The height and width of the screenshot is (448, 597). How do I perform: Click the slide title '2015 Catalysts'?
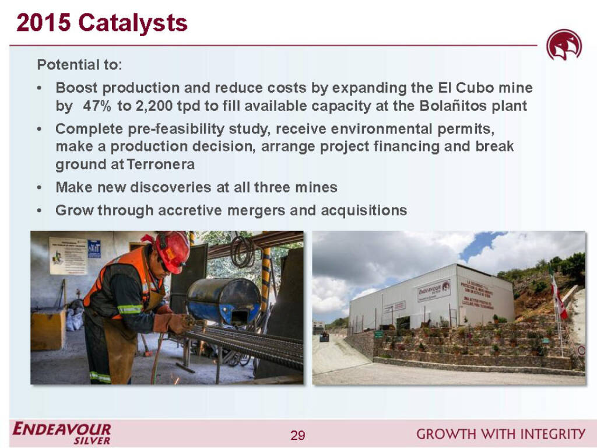click(x=102, y=23)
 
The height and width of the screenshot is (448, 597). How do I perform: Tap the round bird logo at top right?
click(x=563, y=45)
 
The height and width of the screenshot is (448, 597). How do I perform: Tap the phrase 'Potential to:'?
click(x=79, y=64)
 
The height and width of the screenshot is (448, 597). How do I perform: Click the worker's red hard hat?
click(x=173, y=250)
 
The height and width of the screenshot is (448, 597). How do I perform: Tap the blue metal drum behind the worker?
click(x=224, y=300)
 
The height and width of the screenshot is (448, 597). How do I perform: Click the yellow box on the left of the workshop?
click(x=48, y=329)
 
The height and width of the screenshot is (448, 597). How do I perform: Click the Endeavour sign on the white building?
click(x=434, y=290)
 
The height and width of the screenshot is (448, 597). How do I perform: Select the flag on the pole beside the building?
click(x=559, y=297)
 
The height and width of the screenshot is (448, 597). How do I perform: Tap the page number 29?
click(x=298, y=435)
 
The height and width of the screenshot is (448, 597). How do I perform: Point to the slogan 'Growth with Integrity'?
click(x=501, y=433)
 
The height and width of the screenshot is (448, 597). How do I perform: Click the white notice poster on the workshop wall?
click(x=68, y=255)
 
